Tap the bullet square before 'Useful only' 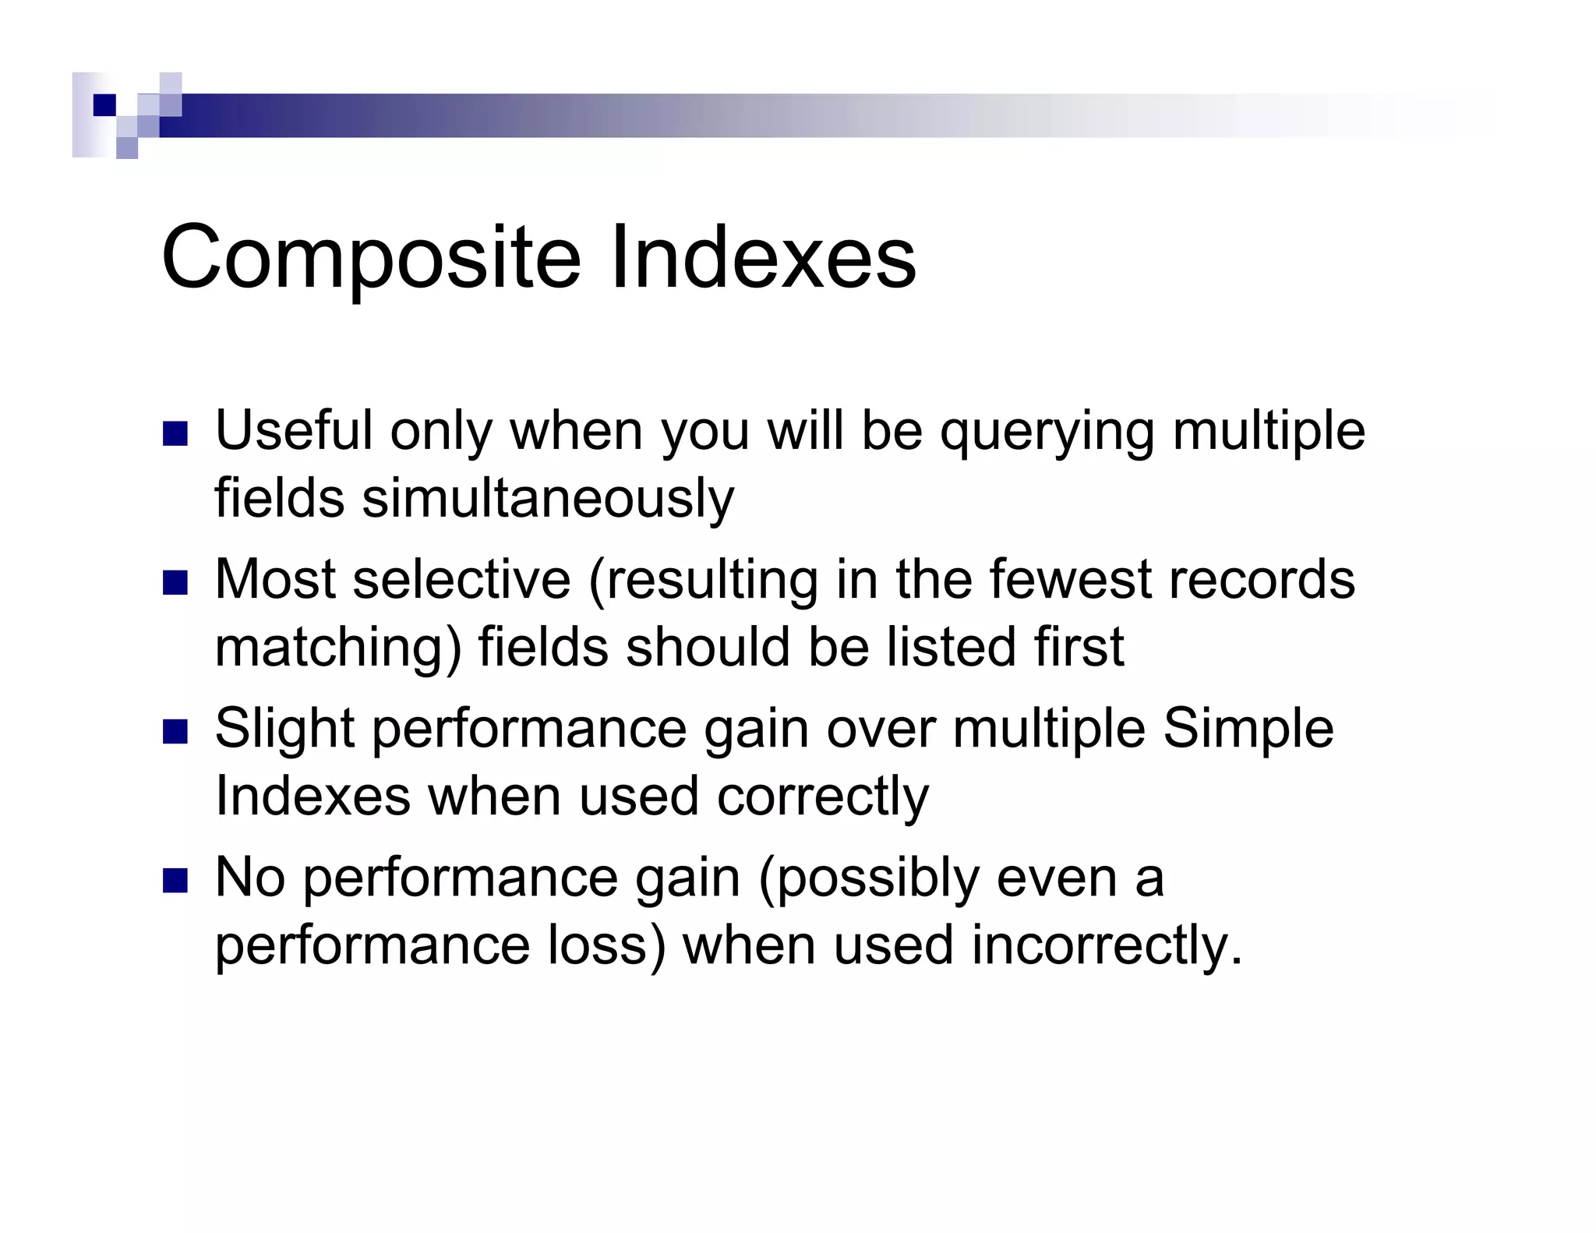click(x=175, y=433)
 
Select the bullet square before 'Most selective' click(x=175, y=582)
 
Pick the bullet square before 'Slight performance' click(x=175, y=731)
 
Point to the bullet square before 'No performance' click(x=175, y=880)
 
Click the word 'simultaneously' click(x=548, y=499)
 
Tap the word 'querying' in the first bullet click(x=1047, y=433)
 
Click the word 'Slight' click(x=285, y=730)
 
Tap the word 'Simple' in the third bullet click(x=1248, y=730)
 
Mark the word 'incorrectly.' click(x=1107, y=946)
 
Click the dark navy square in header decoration click(x=104, y=105)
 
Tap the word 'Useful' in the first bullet click(x=294, y=431)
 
